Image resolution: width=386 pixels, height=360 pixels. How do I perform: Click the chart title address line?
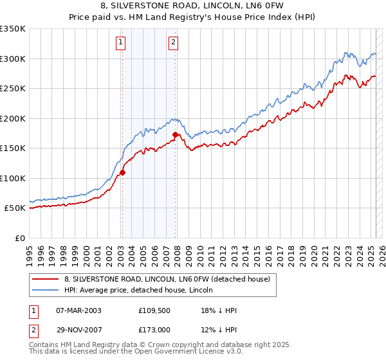click(192, 7)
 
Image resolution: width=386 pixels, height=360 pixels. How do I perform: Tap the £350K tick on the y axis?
click(13, 29)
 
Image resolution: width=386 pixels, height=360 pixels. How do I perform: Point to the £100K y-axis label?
click(13, 178)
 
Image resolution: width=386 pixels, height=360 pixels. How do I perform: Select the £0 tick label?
click(20, 238)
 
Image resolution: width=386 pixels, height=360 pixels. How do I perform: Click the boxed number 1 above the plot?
click(120, 43)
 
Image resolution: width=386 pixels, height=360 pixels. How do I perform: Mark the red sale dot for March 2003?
click(122, 172)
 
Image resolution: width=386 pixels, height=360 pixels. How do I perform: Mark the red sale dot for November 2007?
click(175, 135)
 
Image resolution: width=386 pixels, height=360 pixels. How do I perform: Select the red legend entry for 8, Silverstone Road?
click(170, 279)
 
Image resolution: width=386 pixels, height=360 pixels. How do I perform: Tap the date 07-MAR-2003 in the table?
click(79, 310)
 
